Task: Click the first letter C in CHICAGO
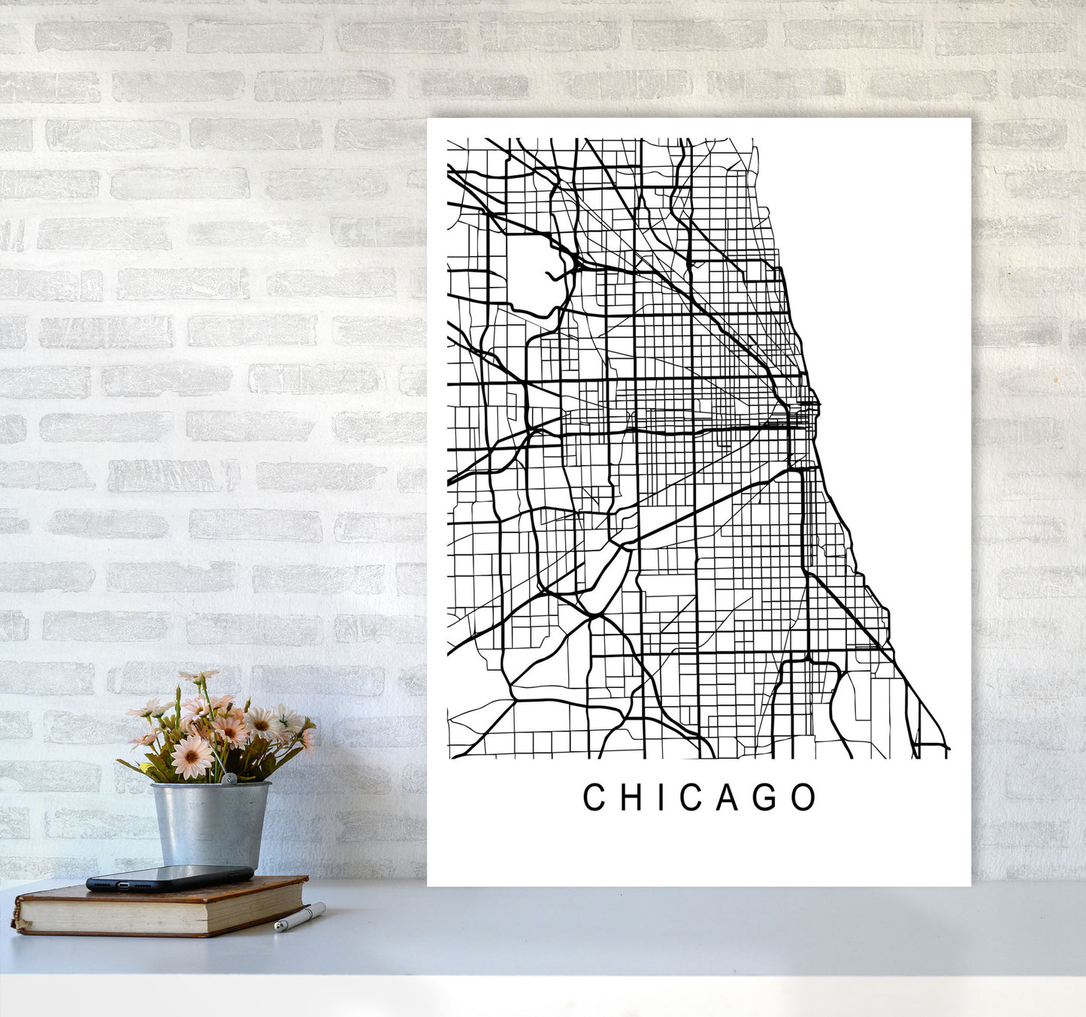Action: tap(594, 798)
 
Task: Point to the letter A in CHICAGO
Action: tap(728, 798)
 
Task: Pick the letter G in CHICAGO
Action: tap(766, 798)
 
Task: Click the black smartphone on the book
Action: tap(169, 877)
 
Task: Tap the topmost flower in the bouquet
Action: tap(197, 677)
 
